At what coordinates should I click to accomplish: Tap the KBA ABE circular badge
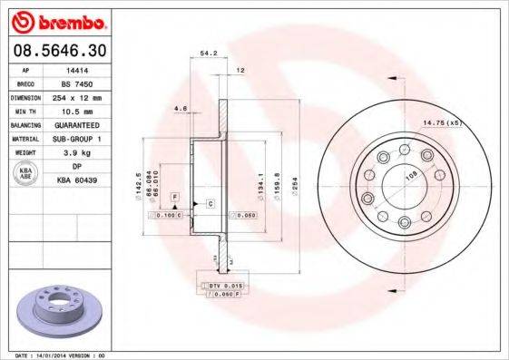[x=26, y=173]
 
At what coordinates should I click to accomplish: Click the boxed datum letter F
[x=173, y=196]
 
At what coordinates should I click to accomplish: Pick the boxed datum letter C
[x=210, y=203]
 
